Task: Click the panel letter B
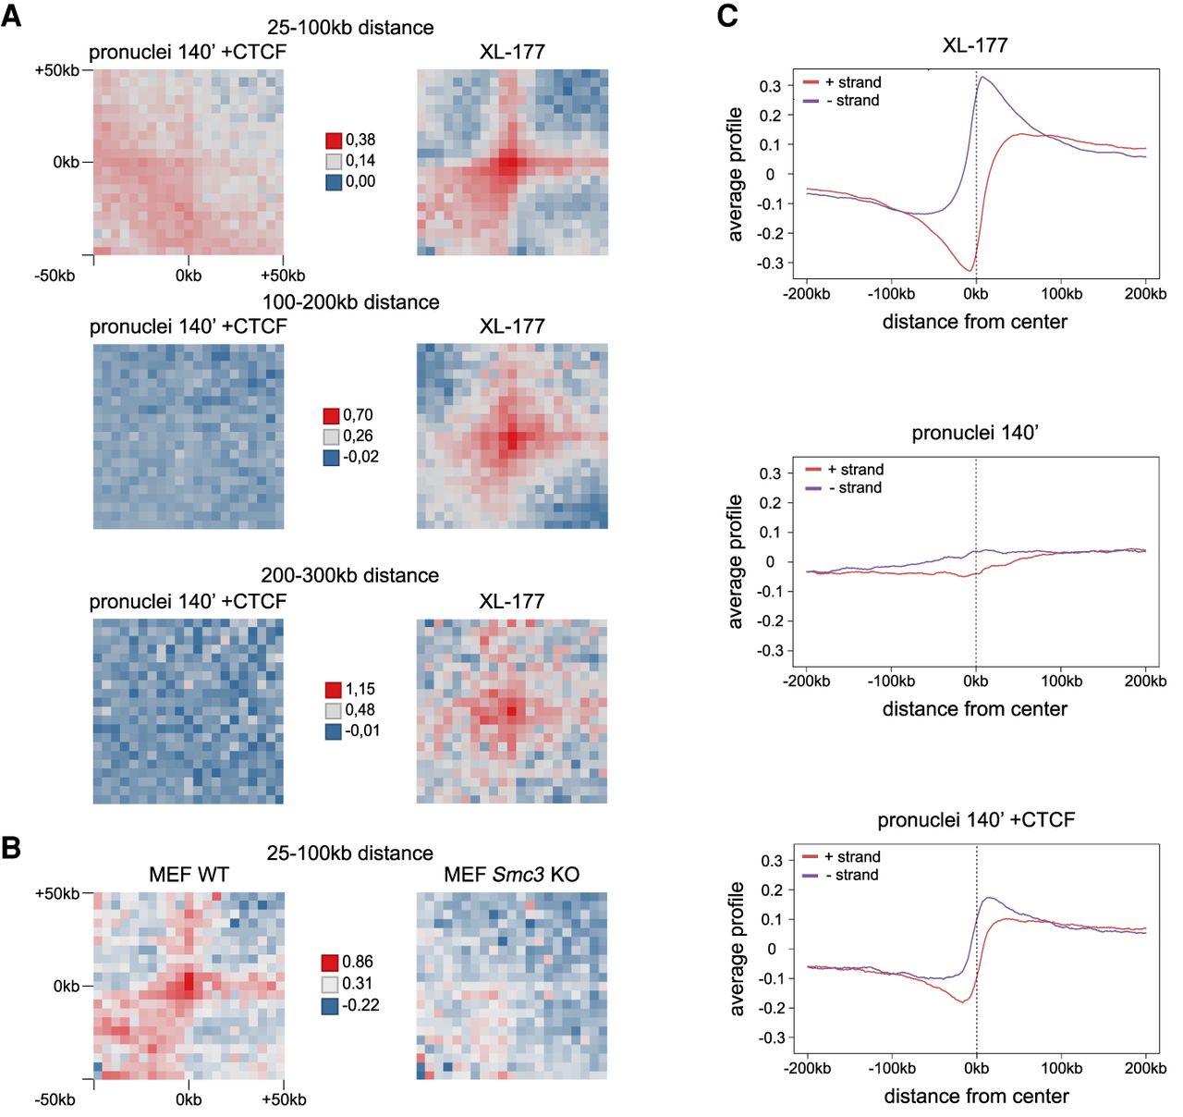(x=11, y=847)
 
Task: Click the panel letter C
(x=727, y=16)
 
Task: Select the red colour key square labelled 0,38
(x=334, y=141)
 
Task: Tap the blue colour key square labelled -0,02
(x=331, y=457)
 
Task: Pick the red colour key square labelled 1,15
(x=333, y=690)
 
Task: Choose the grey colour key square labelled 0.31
(x=330, y=984)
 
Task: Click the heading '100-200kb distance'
(x=350, y=302)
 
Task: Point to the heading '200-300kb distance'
(x=349, y=575)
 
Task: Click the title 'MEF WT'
(x=189, y=875)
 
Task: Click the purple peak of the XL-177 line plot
(x=982, y=77)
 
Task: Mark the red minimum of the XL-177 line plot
(x=970, y=270)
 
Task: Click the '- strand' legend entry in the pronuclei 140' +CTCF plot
(x=851, y=875)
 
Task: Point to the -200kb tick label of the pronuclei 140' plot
(x=806, y=681)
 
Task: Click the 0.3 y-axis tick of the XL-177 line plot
(x=770, y=86)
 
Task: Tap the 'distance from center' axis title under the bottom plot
(x=976, y=1097)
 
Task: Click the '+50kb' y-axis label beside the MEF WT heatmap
(x=57, y=894)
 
